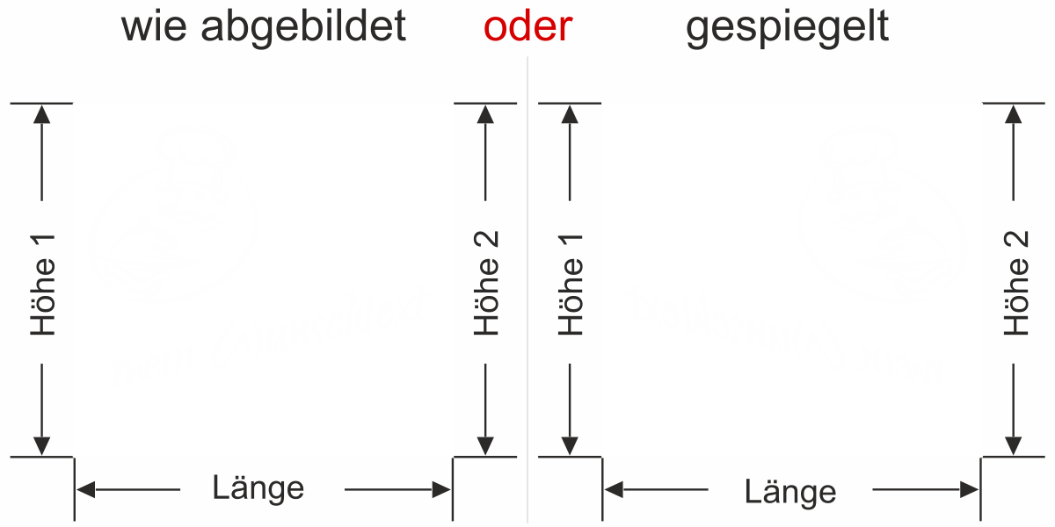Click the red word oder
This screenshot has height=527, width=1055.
point(527,28)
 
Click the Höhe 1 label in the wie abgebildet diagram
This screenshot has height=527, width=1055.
point(43,285)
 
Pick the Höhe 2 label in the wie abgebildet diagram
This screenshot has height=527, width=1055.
point(486,284)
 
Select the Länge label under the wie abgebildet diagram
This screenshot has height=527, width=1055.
point(258,487)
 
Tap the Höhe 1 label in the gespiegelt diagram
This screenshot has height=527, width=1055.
point(571,285)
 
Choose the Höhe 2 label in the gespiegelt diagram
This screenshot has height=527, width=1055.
point(1016,284)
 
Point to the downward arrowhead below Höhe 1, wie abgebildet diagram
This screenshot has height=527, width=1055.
point(41,446)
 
